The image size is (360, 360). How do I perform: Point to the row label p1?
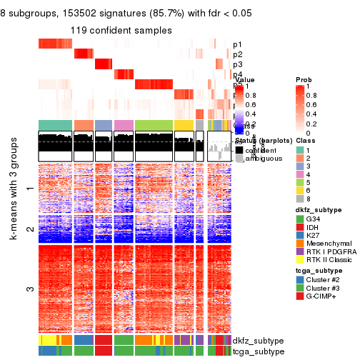point(237,44)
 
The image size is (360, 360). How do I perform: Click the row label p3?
point(237,64)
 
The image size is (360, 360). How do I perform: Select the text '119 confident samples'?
point(121,30)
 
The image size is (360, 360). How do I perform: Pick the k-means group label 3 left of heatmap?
point(29,289)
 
